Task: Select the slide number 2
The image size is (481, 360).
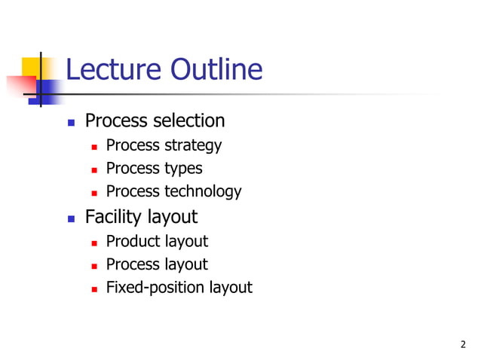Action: click(463, 345)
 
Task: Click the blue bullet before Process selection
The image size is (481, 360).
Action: click(72, 122)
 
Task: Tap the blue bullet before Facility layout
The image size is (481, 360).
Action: click(72, 218)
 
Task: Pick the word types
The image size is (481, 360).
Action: click(183, 169)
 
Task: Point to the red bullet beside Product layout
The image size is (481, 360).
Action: click(93, 243)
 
